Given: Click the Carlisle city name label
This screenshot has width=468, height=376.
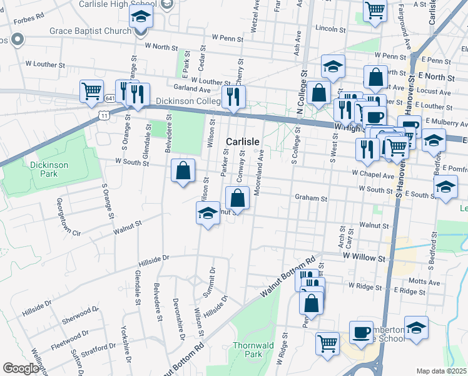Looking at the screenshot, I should (243, 142).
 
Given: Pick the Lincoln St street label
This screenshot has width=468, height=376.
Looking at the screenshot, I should (331, 29).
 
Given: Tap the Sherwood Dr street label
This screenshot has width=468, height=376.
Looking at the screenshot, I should (80, 313).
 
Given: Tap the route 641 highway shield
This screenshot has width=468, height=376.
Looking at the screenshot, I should (110, 98).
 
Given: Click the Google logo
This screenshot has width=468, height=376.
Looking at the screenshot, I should (21, 368).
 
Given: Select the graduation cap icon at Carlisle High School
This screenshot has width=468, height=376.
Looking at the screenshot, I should (141, 18).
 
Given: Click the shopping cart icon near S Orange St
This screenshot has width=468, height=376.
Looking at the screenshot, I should (91, 91).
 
